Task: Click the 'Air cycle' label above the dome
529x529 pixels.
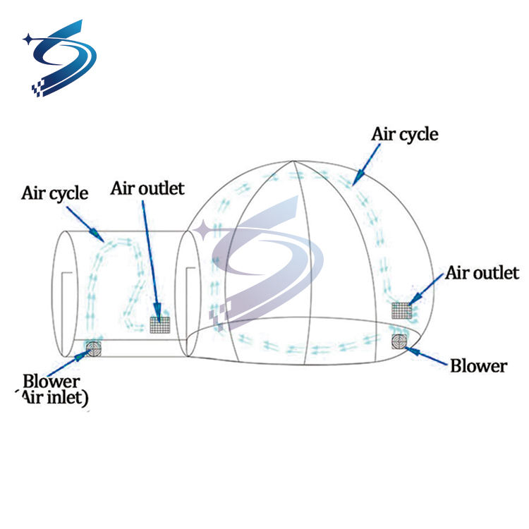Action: [x=404, y=134]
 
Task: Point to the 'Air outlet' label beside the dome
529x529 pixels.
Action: [x=482, y=272]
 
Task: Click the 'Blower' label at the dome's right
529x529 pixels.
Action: [x=478, y=366]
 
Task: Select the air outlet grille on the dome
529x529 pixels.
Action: [x=401, y=309]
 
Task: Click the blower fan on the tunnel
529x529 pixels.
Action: [x=93, y=346]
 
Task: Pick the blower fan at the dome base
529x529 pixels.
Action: [x=400, y=341]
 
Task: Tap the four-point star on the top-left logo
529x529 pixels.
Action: [x=29, y=39]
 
